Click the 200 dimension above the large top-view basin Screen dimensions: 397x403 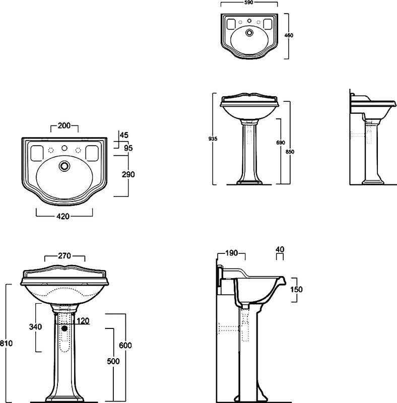click(64, 125)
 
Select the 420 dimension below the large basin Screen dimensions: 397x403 click(63, 217)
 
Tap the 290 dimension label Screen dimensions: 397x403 click(128, 174)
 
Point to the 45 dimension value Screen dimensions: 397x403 click(124, 135)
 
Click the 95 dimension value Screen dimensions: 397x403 click(128, 148)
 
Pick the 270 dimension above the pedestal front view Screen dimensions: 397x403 click(64, 256)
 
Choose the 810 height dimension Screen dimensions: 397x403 click(6, 343)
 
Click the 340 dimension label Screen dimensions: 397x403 click(35, 327)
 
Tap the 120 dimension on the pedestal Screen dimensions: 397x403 click(83, 321)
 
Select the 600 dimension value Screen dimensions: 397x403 click(125, 346)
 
